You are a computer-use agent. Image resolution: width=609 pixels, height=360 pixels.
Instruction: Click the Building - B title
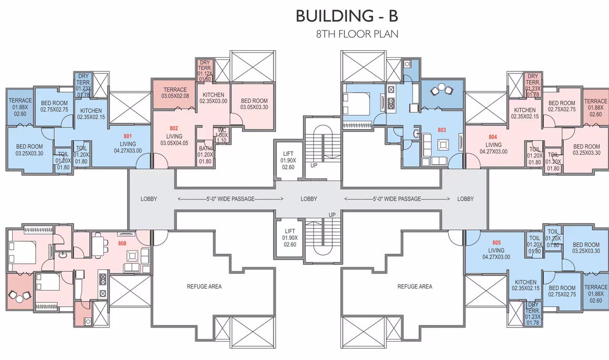pos(347,16)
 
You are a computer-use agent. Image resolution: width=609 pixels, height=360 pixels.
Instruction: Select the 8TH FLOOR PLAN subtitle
pos(357,34)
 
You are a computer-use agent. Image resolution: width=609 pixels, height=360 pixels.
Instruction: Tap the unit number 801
pos(128,136)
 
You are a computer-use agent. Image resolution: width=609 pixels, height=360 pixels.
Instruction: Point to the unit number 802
pos(174,128)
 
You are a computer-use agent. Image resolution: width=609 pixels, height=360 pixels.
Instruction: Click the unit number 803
pos(442,130)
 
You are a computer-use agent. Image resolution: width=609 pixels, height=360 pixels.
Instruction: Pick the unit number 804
pos(493,136)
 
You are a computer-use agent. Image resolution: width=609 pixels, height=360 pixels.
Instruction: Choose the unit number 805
pos(496,243)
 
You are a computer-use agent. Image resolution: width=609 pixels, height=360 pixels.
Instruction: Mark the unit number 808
pos(122,243)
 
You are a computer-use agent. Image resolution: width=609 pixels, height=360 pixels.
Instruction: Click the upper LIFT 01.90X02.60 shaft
pos(288,161)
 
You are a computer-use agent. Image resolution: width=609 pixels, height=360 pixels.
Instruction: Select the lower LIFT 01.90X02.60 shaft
pos(290,238)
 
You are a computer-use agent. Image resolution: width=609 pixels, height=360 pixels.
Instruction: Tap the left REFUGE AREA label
pos(204,287)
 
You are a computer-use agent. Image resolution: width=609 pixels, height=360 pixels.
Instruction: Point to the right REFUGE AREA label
pos(415,287)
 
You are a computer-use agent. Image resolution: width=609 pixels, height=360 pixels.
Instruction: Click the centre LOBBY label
pos(309,199)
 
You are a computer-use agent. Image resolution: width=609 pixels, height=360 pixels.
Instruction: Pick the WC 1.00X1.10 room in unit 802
pos(222,135)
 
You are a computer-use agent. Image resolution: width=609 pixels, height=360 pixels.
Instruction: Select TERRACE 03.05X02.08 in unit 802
pos(175,93)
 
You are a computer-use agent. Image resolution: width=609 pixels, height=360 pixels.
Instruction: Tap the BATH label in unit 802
pos(205,149)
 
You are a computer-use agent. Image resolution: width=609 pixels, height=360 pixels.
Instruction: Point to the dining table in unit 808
pos(99,244)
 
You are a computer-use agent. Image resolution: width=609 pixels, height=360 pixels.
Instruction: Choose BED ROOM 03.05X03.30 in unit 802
pos(254,104)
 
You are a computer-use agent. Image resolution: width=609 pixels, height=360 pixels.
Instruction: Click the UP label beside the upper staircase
pos(314,165)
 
